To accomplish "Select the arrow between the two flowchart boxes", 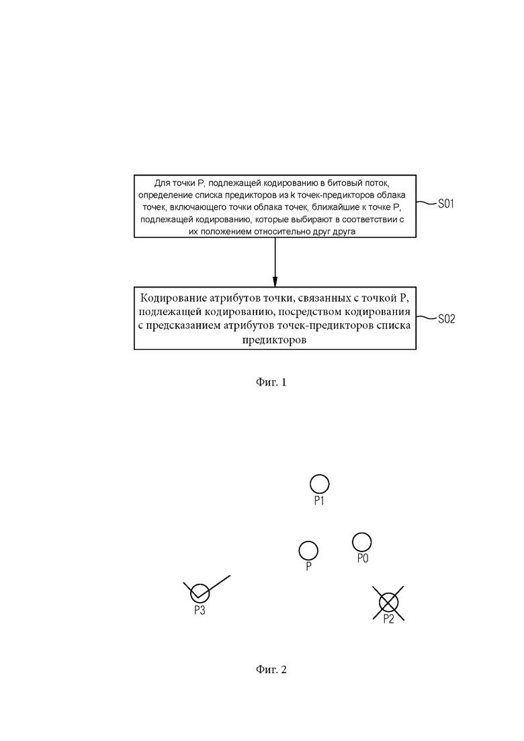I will pos(275,261).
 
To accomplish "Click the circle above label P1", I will pos(319,484).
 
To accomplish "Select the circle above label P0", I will pos(362,541).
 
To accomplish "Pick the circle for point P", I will pos(308,551).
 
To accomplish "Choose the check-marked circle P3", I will pos(200,593).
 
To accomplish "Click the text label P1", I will pos(319,501).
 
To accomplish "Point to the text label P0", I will pos(362,558).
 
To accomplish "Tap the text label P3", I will pos(199,611).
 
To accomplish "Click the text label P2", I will pos(388,619).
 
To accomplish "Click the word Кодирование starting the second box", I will pos(171,298).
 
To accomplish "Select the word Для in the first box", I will pos(163,183).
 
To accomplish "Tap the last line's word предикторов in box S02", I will pos(275,340).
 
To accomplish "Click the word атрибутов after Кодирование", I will pos(233,298).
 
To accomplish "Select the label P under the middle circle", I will pos(308,568).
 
